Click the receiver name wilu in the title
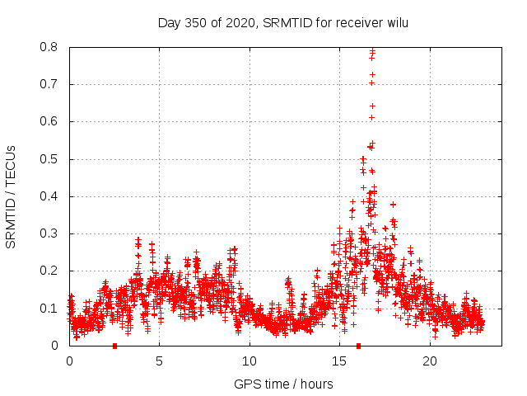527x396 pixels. click(x=394, y=23)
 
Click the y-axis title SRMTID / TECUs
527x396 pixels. click(x=12, y=196)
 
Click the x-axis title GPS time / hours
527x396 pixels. click(x=283, y=384)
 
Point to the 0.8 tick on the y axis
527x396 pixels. click(x=51, y=47)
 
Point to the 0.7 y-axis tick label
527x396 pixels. click(x=51, y=84)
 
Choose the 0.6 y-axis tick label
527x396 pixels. click(x=51, y=121)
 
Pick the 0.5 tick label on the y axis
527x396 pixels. click(x=51, y=159)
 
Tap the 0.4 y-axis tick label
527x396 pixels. click(x=51, y=196)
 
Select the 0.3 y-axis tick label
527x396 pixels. click(x=51, y=233)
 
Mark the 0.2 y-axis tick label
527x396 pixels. click(x=51, y=271)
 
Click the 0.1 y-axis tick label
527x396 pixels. click(x=51, y=309)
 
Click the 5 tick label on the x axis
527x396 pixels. click(x=160, y=361)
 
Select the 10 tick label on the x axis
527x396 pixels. click(x=250, y=361)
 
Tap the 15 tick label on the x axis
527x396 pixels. click(x=340, y=361)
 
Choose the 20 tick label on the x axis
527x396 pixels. click(x=430, y=361)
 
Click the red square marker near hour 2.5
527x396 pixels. click(x=114, y=346)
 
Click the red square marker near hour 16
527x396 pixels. click(x=358, y=346)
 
